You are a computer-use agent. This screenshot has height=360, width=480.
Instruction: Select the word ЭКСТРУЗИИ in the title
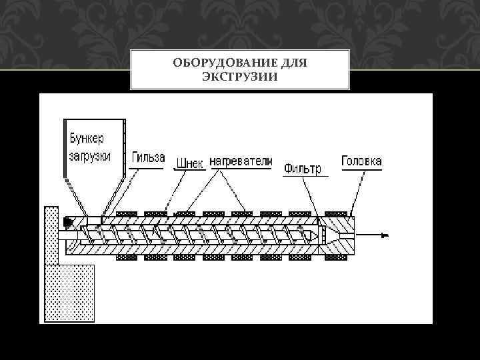click(239, 78)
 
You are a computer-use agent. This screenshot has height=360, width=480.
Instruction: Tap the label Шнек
click(190, 163)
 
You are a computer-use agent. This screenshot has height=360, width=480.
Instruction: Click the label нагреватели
click(241, 161)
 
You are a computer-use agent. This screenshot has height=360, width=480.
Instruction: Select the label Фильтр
click(303, 168)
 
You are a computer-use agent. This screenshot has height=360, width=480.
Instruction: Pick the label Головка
click(361, 161)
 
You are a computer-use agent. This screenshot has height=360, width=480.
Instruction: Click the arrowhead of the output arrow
click(385, 235)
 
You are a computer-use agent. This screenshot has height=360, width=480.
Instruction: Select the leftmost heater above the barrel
click(127, 213)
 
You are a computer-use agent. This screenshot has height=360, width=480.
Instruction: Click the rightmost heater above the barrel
click(337, 213)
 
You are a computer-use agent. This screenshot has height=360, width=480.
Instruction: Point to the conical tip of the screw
click(311, 235)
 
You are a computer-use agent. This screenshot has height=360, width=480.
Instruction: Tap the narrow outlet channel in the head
click(347, 235)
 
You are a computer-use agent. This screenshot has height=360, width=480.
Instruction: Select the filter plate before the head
click(319, 235)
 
